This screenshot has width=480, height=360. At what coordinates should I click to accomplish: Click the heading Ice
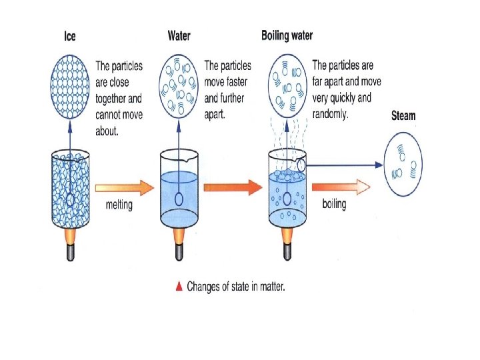[x=70, y=37]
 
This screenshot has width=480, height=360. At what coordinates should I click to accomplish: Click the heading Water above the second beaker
[x=179, y=37]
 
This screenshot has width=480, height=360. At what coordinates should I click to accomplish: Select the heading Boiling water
[x=287, y=35]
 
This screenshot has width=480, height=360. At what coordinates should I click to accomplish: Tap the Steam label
[x=403, y=115]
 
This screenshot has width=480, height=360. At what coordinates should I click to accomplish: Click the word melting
[x=119, y=205]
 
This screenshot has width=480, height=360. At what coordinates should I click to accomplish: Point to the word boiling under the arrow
[x=334, y=203]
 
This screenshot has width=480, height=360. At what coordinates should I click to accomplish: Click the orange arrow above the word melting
[x=120, y=188]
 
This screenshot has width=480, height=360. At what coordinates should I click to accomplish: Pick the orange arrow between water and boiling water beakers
[x=228, y=188]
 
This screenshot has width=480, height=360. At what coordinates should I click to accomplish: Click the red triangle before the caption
[x=179, y=287]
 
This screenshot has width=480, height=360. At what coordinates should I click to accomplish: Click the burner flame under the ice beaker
[x=70, y=236]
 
